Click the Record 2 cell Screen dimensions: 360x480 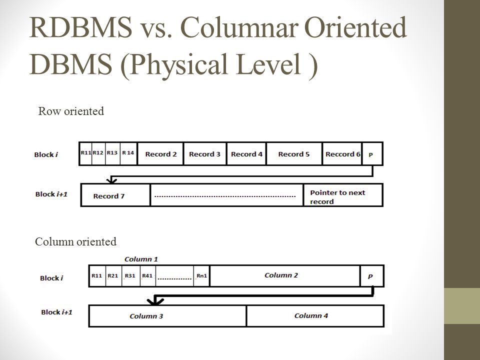tap(160, 154)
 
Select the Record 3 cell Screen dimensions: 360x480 tap(205, 154)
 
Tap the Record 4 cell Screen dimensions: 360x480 tap(246, 154)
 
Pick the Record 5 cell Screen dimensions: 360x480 tap(294, 154)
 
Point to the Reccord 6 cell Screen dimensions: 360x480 tap(342, 154)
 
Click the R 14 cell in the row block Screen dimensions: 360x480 tap(128, 153)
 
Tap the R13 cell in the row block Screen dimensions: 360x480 tap(112, 153)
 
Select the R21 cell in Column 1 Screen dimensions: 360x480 tap(114, 275)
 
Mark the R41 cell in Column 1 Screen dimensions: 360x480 tap(147, 275)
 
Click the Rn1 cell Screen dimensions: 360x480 tap(201, 275)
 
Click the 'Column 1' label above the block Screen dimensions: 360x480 tap(141, 259)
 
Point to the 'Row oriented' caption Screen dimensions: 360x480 tap(71, 111)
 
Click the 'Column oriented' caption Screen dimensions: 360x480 tap(75, 242)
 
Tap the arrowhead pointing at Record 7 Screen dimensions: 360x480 tap(111, 180)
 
